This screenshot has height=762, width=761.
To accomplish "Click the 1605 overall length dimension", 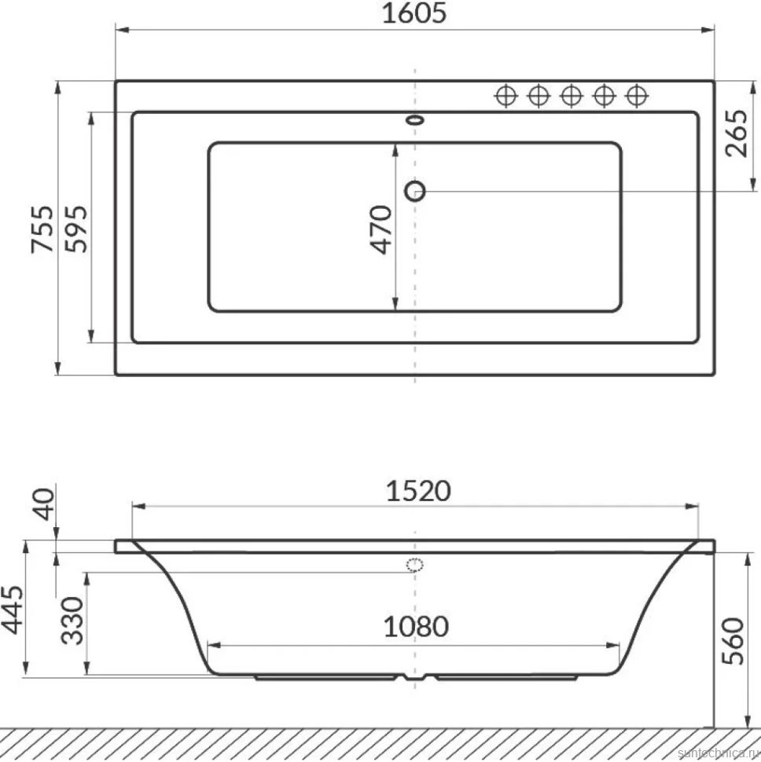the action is [x=414, y=13].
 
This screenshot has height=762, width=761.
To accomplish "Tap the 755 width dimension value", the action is [x=42, y=229].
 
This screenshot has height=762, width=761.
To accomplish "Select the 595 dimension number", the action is [x=76, y=229].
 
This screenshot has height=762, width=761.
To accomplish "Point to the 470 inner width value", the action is [x=380, y=229].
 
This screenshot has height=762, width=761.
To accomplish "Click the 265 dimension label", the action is [x=736, y=134].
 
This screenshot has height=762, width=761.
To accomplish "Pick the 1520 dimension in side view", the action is [x=418, y=491].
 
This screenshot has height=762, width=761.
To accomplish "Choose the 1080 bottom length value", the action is [x=416, y=626].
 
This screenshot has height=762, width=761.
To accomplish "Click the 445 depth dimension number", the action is [x=12, y=610].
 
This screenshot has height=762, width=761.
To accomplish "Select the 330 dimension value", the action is [x=72, y=621].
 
